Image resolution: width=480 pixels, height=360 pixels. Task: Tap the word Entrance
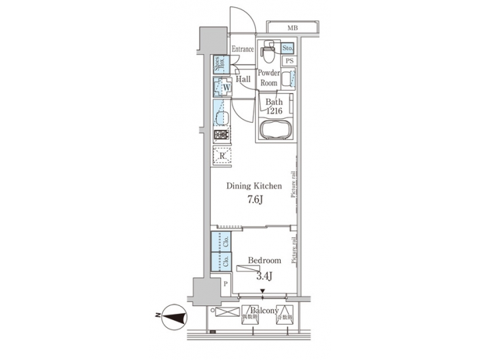[242, 50]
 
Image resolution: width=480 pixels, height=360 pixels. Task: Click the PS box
[289, 61]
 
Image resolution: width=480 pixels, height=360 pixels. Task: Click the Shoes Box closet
[219, 65]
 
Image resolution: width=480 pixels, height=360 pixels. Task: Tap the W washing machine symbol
[223, 87]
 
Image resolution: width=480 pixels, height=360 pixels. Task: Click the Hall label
[243, 79]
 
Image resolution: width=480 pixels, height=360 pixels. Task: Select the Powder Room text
[268, 78]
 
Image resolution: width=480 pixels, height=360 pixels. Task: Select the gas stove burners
[221, 136]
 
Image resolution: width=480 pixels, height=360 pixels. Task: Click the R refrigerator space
[222, 157]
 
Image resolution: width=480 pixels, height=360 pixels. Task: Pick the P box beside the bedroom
[225, 283]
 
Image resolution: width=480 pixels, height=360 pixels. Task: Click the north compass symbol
[174, 318]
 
